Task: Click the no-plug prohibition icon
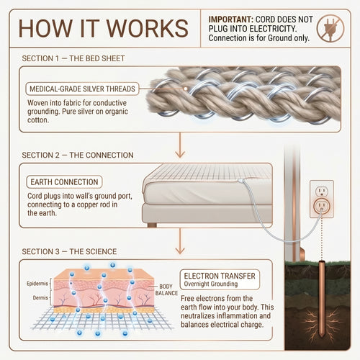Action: [x=330, y=28]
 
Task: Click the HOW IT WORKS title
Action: [x=103, y=28]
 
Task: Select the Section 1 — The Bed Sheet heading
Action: [x=73, y=58]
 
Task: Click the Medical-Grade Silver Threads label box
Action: [x=82, y=89]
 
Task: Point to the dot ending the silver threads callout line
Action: [x=185, y=89]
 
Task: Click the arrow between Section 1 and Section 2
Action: [x=180, y=145]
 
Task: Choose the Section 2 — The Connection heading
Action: [x=78, y=155]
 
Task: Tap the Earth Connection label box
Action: [x=64, y=182]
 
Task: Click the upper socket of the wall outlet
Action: [x=321, y=192]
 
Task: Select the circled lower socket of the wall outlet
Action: [x=322, y=206]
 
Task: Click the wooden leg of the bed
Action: [x=152, y=225]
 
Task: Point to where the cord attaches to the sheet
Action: [x=241, y=181]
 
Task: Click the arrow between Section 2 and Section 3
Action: [x=180, y=241]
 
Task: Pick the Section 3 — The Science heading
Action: [x=69, y=251]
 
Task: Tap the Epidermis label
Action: [x=37, y=284]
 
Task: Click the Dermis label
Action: [x=40, y=297]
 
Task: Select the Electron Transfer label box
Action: [x=220, y=279]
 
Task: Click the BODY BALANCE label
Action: [x=166, y=289]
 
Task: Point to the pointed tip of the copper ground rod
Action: [x=321, y=337]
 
